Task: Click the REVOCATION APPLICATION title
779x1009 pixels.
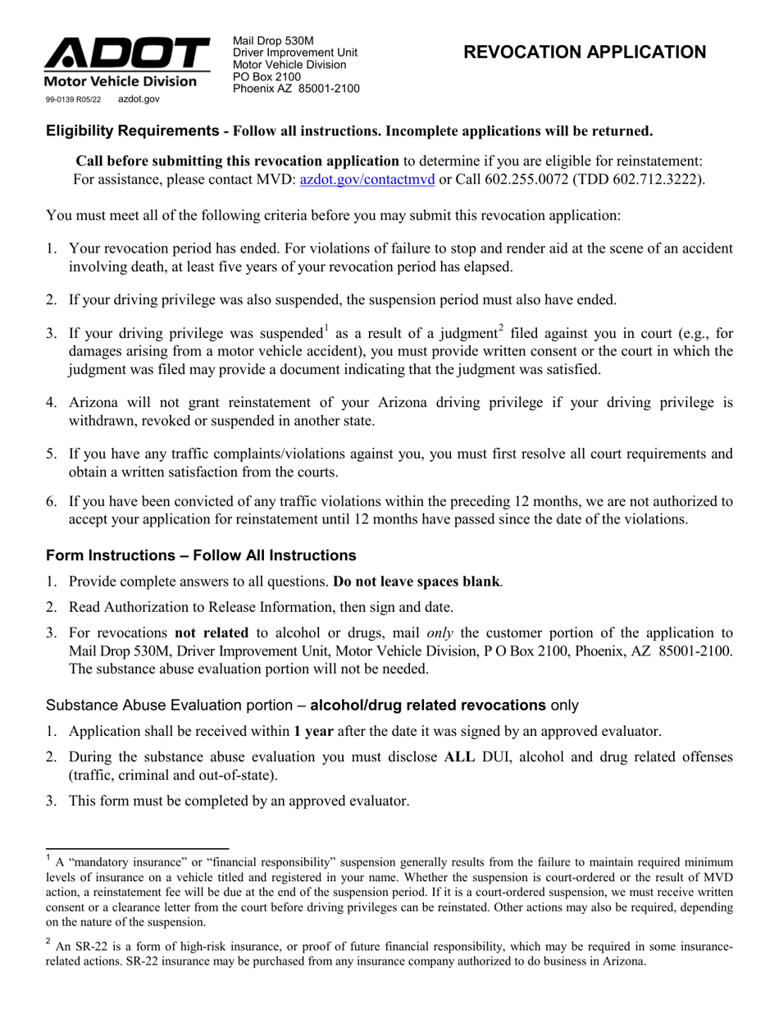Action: [585, 53]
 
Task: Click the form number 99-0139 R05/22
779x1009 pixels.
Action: [73, 99]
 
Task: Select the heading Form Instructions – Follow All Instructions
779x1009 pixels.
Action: [201, 555]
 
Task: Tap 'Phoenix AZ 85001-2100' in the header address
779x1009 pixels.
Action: [296, 89]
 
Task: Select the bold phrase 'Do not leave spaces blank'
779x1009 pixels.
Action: [417, 582]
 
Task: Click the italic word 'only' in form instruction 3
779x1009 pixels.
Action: [442, 632]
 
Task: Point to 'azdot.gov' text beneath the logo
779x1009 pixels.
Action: [139, 99]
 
